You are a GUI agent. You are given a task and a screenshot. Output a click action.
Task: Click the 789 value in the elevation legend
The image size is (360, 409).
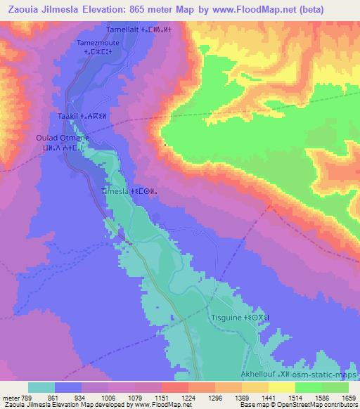[25, 397]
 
